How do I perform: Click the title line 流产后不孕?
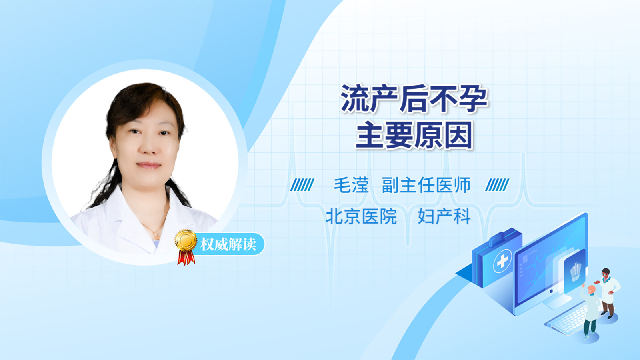pos(414,98)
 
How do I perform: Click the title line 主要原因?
pos(414,135)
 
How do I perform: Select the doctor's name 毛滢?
pos(351,185)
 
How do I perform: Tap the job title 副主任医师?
pos(426,185)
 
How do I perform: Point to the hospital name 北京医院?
pos(362,216)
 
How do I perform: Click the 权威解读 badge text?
pos(228,244)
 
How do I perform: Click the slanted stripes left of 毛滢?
pos(302,185)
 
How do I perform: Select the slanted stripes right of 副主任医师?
pos(497,185)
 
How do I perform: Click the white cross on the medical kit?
pos(502,261)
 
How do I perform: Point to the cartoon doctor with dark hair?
pos(608,293)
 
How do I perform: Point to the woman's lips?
pos(148,165)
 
